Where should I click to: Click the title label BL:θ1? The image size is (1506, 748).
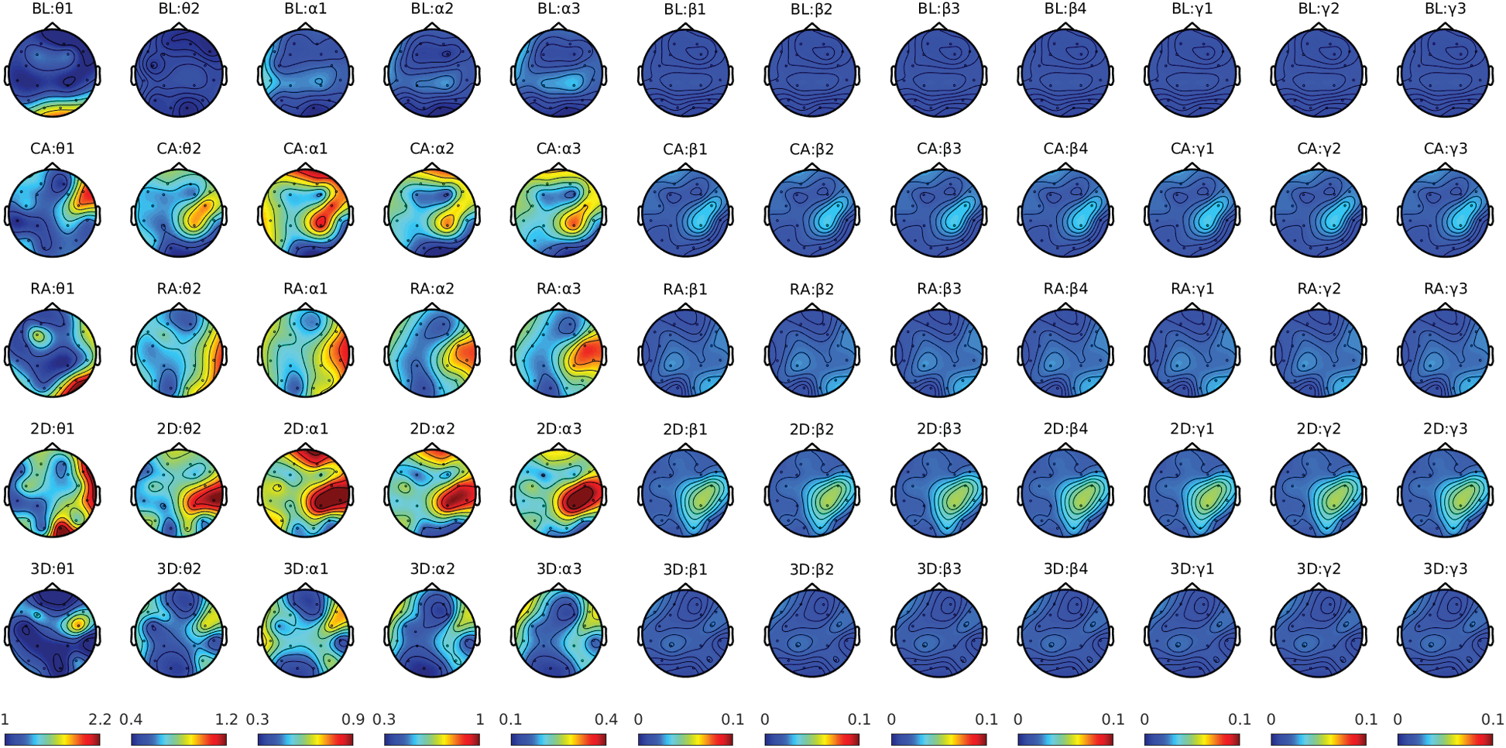pos(52,9)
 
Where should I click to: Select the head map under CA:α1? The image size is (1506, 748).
pos(305,214)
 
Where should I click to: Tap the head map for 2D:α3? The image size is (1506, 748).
pos(558,494)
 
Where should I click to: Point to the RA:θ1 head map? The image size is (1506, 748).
pos(52,354)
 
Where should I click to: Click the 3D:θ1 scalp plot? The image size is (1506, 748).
pos(52,634)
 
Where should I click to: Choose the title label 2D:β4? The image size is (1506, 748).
pos(1065,429)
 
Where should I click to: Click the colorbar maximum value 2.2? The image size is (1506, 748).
pos(100,720)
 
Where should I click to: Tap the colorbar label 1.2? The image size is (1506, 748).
pos(226,720)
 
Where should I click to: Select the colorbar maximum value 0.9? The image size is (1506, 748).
pos(353,720)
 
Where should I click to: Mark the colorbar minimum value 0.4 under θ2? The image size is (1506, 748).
pos(131,720)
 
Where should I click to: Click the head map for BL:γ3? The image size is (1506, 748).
pos(1445,74)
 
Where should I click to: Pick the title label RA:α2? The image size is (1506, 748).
pos(432,289)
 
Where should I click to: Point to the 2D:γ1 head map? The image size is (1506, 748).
pos(1192,494)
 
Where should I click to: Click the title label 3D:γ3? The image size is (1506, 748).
pos(1445,569)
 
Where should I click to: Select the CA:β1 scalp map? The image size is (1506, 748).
pos(685,214)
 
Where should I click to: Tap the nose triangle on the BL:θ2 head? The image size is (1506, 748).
pos(179,27)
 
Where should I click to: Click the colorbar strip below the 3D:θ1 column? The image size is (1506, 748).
pos(52,740)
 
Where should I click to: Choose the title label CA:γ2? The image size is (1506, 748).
pos(1319,149)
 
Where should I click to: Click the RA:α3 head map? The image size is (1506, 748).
pos(558,354)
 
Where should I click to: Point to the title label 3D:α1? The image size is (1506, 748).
pos(305,569)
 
